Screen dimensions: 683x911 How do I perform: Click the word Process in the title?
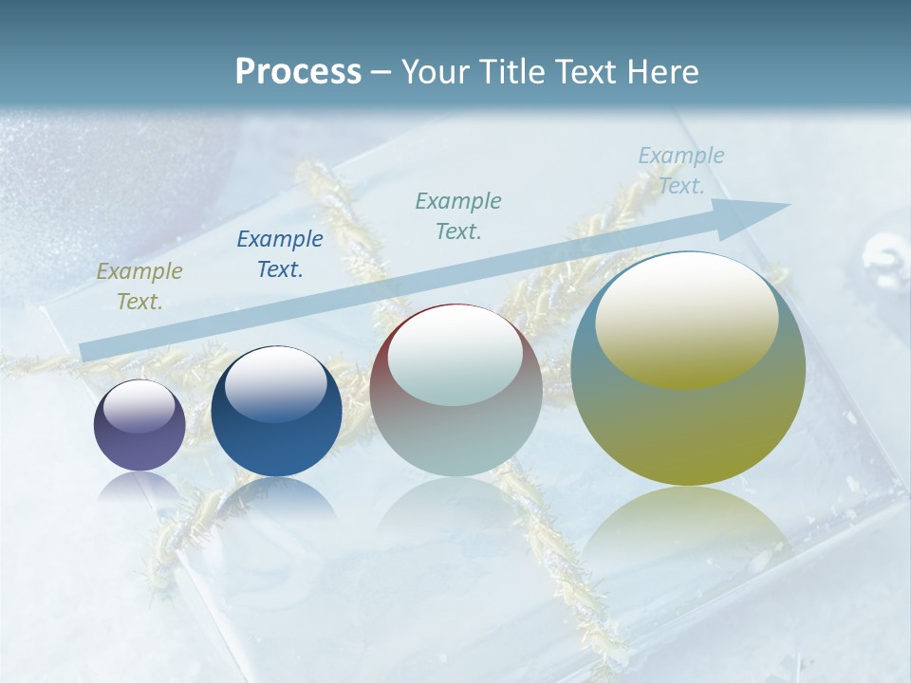click(x=298, y=71)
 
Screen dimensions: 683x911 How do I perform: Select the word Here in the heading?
click(x=660, y=71)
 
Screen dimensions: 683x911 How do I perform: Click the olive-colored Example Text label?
click(x=139, y=286)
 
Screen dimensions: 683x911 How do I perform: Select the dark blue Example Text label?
click(x=280, y=254)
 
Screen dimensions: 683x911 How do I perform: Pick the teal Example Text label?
click(x=458, y=215)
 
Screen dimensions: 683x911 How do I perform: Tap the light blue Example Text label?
click(x=681, y=171)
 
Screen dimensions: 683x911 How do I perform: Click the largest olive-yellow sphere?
click(x=688, y=427)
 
